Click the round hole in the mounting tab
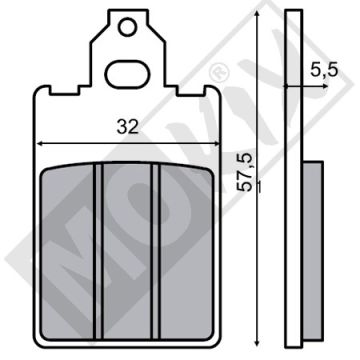pos(127,27)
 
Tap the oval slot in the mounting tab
pos(128,74)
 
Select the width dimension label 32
pos(128,127)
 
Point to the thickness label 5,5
pos(324,70)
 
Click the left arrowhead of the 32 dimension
pos(39,144)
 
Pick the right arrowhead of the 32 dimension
pos(216,144)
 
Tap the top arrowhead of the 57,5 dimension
pos(257,14)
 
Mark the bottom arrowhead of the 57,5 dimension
pos(257,341)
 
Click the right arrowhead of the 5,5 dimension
pos(325,86)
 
